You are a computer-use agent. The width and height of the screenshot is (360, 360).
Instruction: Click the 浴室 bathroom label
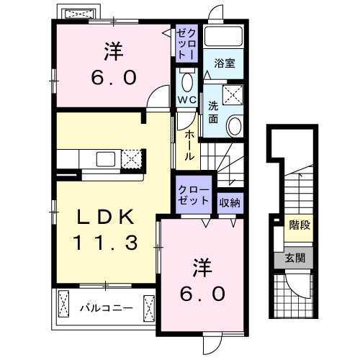coord(224,64)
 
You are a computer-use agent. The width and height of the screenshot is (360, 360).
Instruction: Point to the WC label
coord(186,99)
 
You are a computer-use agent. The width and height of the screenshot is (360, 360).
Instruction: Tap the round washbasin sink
coord(235,127)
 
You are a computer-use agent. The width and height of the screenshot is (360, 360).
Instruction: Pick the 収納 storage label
coord(230,202)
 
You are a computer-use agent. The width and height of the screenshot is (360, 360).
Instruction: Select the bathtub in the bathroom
coord(224,37)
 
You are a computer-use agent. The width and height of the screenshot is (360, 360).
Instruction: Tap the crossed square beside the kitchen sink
coord(131,158)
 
